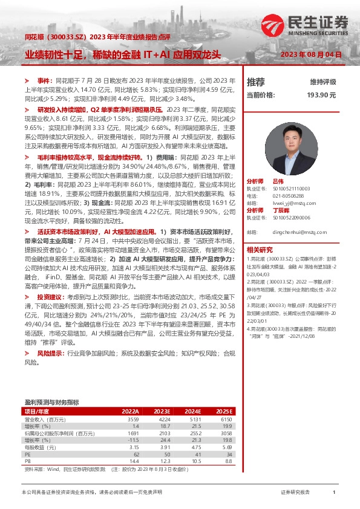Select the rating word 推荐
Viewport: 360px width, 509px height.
point(256,82)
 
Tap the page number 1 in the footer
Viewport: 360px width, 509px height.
point(334,493)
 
